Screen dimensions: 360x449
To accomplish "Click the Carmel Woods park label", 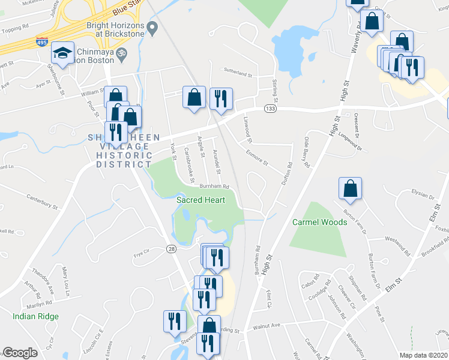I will click(319, 222).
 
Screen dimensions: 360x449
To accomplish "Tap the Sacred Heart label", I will click(200, 200).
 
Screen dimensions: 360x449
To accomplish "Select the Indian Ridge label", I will click(35, 316).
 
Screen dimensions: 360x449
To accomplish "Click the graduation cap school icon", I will click(62, 53).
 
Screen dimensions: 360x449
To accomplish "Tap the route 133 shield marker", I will click(270, 108).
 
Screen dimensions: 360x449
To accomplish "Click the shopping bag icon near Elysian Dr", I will click(350, 188).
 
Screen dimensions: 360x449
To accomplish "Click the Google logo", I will click(20, 353).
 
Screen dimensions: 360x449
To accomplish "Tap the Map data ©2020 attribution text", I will click(416, 355).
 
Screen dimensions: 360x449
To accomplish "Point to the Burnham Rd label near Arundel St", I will click(215, 187).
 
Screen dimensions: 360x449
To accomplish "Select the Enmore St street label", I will click(257, 158).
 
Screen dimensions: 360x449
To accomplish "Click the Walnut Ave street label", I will click(267, 326).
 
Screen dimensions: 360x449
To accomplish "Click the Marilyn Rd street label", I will click(42, 304).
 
